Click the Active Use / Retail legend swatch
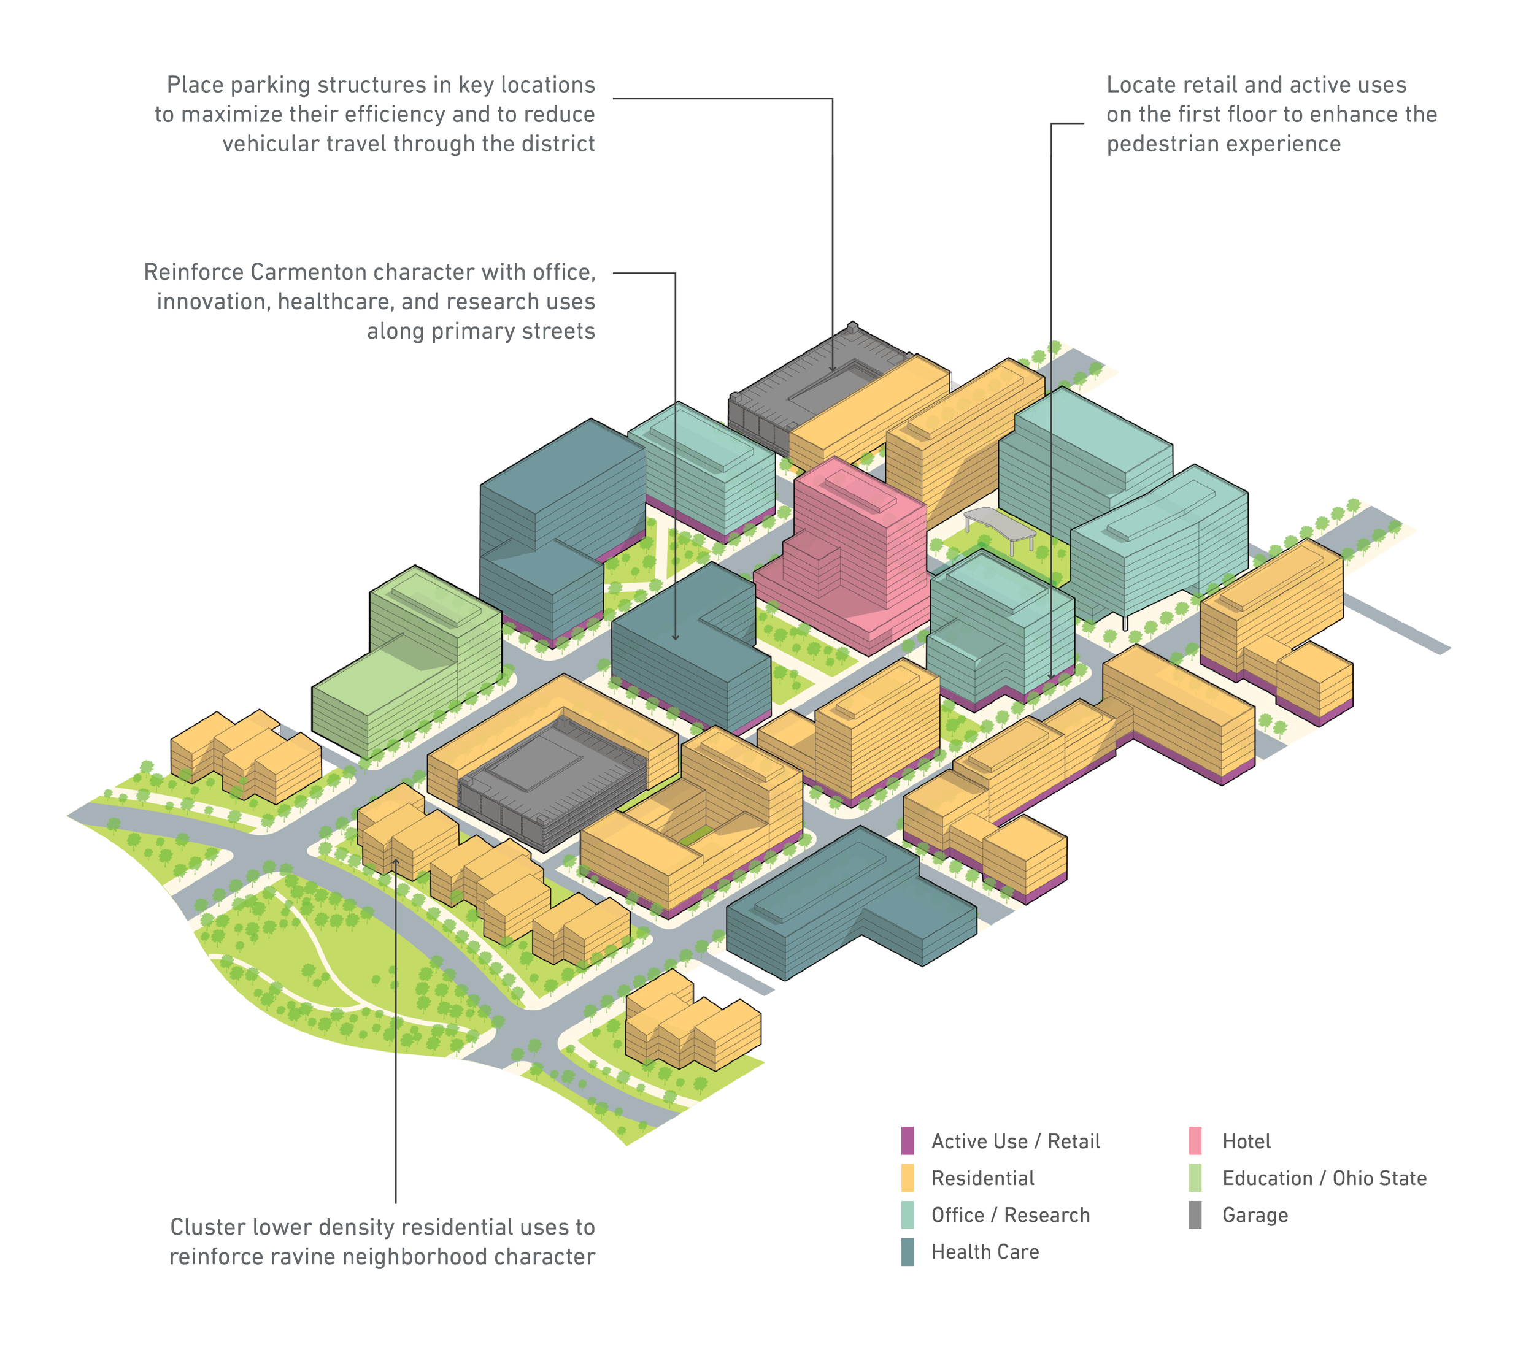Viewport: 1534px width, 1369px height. point(908,1140)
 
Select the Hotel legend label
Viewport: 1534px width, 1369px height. point(1246,1141)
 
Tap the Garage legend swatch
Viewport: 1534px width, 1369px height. point(1195,1215)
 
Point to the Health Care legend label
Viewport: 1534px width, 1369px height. point(985,1252)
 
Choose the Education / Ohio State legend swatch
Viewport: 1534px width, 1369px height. point(1195,1178)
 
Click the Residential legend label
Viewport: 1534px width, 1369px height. point(982,1178)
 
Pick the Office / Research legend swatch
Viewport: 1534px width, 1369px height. point(908,1215)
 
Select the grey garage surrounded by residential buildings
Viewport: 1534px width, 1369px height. point(553,782)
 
